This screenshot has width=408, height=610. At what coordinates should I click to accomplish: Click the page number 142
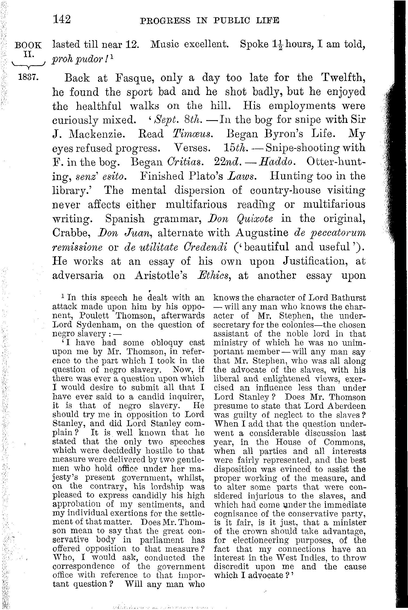[62, 19]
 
